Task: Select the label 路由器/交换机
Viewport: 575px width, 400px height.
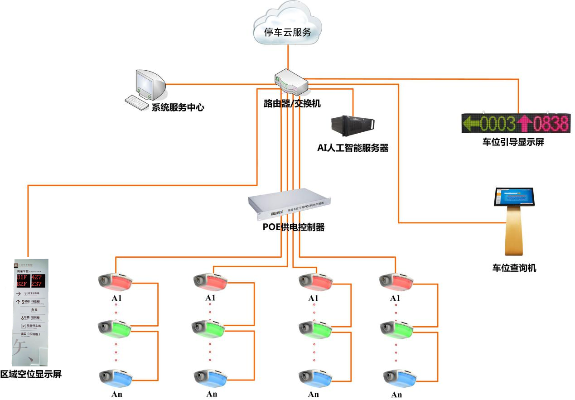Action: (x=292, y=104)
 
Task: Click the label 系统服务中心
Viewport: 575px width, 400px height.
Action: (x=177, y=108)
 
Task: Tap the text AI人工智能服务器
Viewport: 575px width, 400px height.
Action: (x=353, y=148)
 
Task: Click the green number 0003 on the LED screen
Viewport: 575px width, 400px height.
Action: (x=498, y=123)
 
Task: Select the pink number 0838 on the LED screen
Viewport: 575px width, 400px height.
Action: (x=550, y=123)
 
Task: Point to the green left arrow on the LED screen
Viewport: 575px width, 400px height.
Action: (x=470, y=123)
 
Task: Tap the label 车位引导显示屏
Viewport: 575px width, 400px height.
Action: (x=513, y=142)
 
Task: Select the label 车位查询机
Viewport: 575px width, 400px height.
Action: (x=514, y=268)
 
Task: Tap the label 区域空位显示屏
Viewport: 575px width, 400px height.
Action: (x=30, y=374)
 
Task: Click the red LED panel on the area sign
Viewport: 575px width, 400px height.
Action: (x=31, y=280)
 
